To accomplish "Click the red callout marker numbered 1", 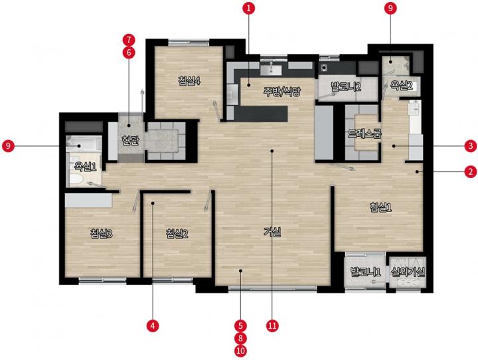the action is [x=249, y=8].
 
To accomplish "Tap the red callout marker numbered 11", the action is [x=272, y=326].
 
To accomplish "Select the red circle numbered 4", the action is [x=153, y=326].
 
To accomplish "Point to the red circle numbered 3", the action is [x=471, y=146].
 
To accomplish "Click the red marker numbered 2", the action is [x=471, y=172].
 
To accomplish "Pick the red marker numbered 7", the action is [x=129, y=40].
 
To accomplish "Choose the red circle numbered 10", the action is [x=240, y=351].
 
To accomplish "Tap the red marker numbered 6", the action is [x=129, y=52].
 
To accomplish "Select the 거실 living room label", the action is [x=272, y=232].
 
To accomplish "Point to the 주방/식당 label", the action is [x=282, y=92].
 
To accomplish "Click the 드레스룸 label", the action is [x=364, y=134].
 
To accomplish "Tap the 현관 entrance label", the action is [x=130, y=141].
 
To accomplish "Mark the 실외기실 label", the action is [x=408, y=272].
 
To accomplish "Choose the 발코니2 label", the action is [x=346, y=87].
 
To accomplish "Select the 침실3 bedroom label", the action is [x=102, y=234].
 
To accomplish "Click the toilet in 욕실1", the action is [x=76, y=180].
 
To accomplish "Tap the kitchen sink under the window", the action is [x=271, y=70].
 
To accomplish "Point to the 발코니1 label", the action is [x=366, y=272].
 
